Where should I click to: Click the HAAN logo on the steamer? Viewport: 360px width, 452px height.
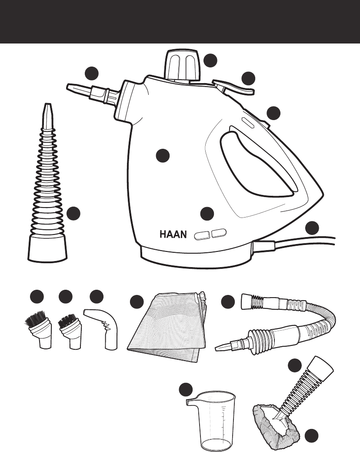(173, 234)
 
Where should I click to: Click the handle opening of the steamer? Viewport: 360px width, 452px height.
(257, 165)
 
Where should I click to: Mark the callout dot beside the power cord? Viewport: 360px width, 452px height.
(312, 228)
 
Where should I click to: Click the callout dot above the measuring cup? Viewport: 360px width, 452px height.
(186, 390)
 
